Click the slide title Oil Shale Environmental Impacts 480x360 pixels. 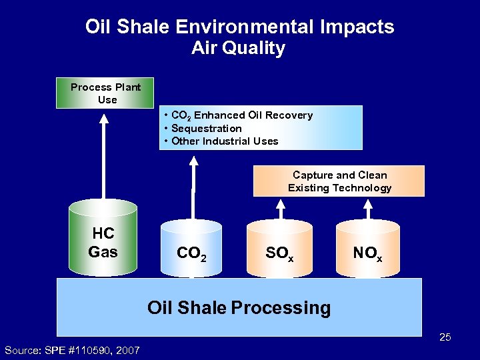[239, 27]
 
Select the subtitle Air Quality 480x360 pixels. [238, 49]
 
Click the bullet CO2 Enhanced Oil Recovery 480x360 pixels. [241, 115]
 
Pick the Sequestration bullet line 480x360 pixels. [206, 128]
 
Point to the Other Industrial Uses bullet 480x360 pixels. [224, 141]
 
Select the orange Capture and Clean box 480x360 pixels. [339, 181]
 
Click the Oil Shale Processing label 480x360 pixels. [239, 307]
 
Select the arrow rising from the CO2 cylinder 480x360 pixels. [193, 187]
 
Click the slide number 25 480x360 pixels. [445, 337]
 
